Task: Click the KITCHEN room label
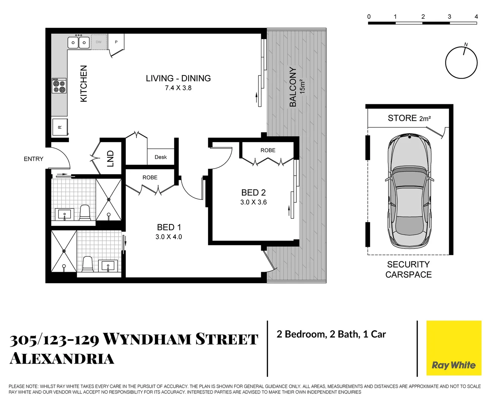[84, 83]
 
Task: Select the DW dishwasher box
[99, 42]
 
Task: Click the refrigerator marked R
[60, 127]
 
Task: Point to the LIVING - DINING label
[178, 78]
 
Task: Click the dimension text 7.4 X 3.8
[178, 88]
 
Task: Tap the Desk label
[160, 157]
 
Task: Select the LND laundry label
[110, 159]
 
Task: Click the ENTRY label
[34, 159]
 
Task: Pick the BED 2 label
[253, 192]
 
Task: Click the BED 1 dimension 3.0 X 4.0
[169, 237]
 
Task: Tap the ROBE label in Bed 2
[268, 150]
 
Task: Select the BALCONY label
[293, 87]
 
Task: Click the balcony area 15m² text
[302, 86]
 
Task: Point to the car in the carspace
[410, 192]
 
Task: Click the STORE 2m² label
[409, 118]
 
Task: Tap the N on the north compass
[466, 45]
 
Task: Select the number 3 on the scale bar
[449, 17]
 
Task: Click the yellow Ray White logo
[454, 348]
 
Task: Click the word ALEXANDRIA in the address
[62, 359]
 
